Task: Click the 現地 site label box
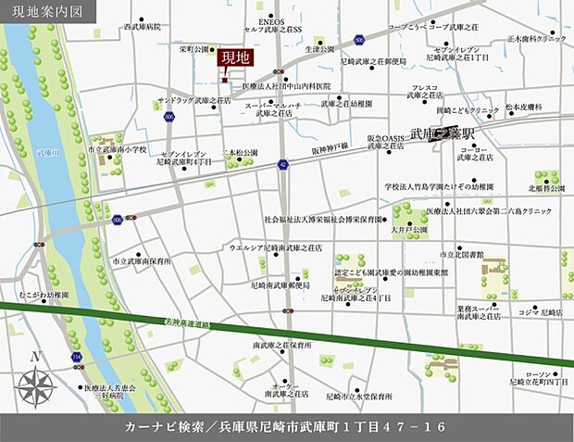pos(234,57)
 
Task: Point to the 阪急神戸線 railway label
pos(330,146)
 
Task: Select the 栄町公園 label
pos(195,50)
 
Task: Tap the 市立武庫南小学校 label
pos(116,148)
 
